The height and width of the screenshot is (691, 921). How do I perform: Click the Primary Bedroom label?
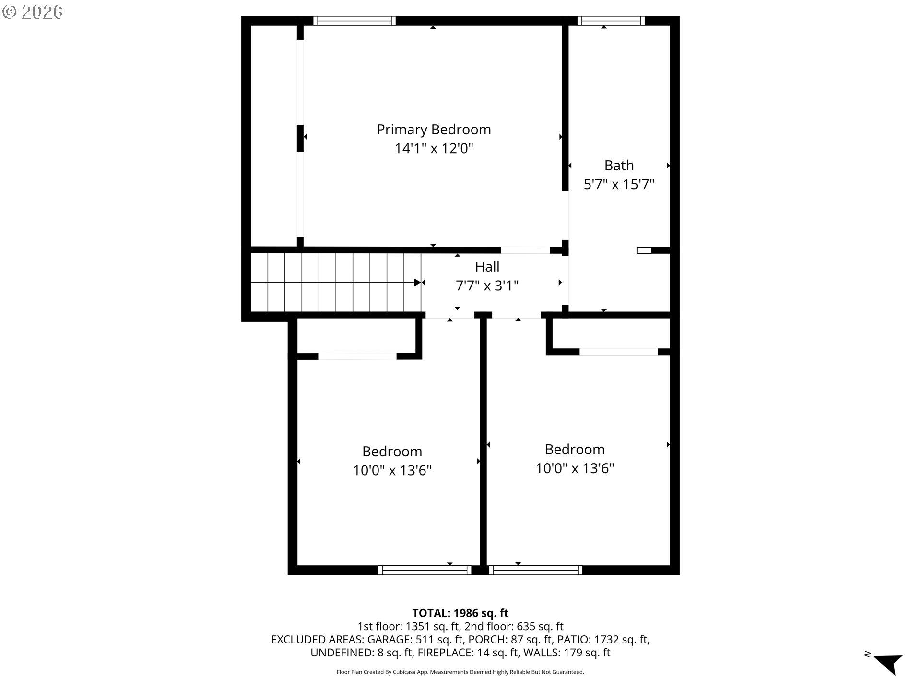[434, 130]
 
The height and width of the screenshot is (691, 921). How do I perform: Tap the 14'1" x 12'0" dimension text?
[434, 149]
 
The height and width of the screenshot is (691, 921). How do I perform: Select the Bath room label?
[619, 166]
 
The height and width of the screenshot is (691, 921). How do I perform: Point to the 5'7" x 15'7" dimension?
[619, 184]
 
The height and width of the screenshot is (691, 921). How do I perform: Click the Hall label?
[487, 267]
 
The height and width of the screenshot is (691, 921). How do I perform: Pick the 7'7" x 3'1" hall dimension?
[487, 286]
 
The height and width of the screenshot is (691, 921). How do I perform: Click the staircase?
[336, 283]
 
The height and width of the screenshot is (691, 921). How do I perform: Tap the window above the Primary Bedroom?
[354, 21]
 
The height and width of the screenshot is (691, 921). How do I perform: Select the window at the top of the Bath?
[611, 21]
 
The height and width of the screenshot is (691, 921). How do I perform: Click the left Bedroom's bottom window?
[425, 570]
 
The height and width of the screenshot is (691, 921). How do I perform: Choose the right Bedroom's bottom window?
[536, 570]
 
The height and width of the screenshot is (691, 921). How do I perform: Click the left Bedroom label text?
[392, 452]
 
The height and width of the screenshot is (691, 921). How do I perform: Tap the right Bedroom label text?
[575, 450]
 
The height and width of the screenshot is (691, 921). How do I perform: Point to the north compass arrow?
[888, 664]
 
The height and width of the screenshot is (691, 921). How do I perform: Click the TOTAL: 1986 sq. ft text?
[460, 613]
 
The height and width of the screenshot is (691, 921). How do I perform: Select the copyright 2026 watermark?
[33, 12]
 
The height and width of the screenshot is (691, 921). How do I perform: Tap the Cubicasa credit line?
[460, 672]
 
